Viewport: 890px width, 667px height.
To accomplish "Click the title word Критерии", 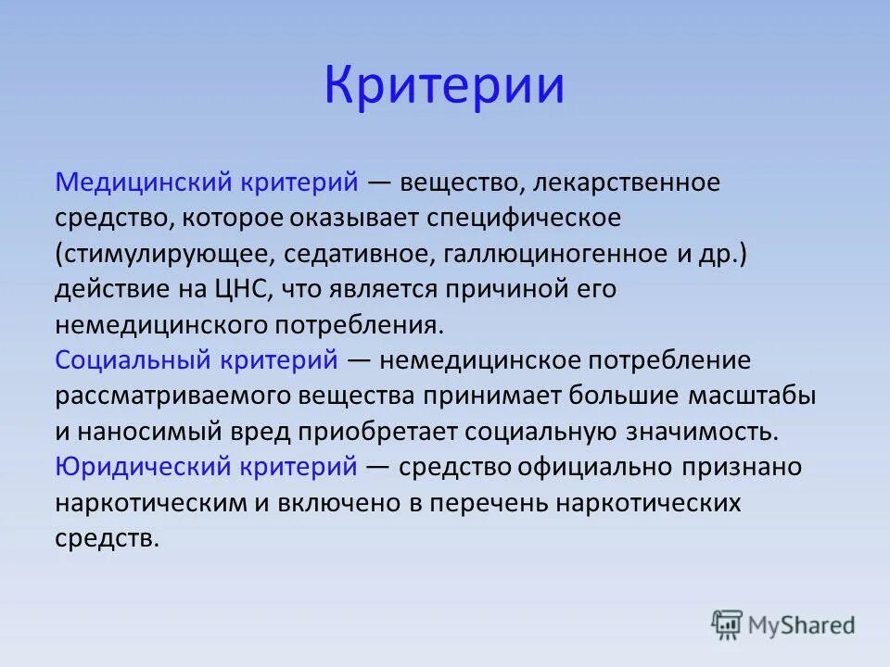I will click(x=444, y=85).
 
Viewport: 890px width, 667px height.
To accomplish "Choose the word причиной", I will click(x=512, y=289).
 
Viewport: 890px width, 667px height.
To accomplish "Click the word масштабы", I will click(x=752, y=396).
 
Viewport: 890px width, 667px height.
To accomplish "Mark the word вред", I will click(x=266, y=432).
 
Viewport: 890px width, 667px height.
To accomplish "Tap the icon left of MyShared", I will click(x=728, y=625).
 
